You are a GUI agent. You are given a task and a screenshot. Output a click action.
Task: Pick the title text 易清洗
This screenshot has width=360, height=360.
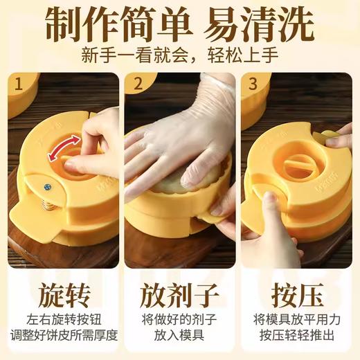point(267,27)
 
